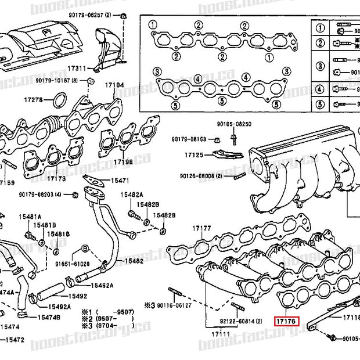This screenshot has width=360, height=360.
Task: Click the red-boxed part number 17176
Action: (x=286, y=319)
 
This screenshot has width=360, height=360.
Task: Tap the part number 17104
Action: (x=114, y=85)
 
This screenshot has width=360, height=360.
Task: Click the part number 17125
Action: (x=194, y=156)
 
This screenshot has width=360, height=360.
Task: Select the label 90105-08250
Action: (x=234, y=124)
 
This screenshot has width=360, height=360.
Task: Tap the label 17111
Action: (x=220, y=334)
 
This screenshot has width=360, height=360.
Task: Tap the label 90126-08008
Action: (x=197, y=175)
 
